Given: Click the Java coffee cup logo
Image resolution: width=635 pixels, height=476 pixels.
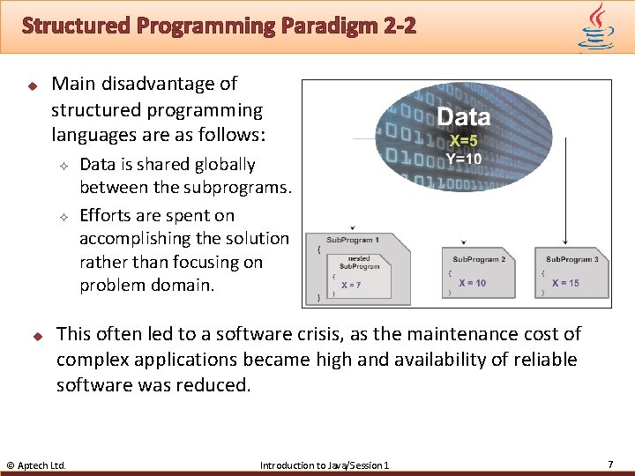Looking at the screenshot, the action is [x=596, y=26].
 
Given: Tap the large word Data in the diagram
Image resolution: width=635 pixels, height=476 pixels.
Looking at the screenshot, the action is [x=463, y=116].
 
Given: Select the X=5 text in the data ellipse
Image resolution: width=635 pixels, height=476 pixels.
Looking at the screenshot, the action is [x=464, y=141].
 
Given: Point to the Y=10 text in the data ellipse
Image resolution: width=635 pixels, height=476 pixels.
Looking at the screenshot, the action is [x=463, y=159].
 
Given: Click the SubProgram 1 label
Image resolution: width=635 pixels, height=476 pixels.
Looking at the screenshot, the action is [x=353, y=240].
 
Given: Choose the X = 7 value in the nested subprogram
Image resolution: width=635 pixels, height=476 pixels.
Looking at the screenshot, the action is [x=351, y=285].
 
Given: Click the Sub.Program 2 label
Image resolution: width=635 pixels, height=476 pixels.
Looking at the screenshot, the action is [x=479, y=259].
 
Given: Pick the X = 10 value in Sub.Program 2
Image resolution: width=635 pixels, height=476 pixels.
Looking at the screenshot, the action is [x=472, y=283].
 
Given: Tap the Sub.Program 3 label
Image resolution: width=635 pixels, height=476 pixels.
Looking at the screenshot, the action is [x=571, y=259].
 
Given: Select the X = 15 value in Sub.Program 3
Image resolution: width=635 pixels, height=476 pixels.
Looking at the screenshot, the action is [x=565, y=283].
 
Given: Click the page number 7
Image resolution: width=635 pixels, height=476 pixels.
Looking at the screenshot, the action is [x=610, y=464].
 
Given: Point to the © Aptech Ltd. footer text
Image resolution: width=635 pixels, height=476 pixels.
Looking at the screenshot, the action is [x=36, y=465].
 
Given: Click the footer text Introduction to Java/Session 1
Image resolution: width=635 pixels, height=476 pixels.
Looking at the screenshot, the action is [x=324, y=465].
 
